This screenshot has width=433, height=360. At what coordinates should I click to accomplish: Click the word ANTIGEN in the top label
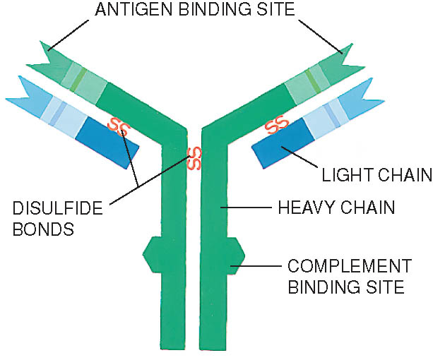coord(134,10)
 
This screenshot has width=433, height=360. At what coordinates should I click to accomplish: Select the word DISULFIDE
coord(58,208)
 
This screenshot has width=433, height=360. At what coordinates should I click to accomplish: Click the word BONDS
coord(43,229)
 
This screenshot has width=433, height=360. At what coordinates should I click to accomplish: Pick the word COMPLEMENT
coord(350,266)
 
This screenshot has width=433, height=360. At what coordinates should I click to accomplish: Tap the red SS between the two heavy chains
coord(194,159)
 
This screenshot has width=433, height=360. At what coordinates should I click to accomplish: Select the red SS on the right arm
coord(276,125)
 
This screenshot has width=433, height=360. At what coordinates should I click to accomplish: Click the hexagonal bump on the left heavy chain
coord(152,255)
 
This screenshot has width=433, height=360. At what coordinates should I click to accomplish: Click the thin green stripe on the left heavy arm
coord(78,80)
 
